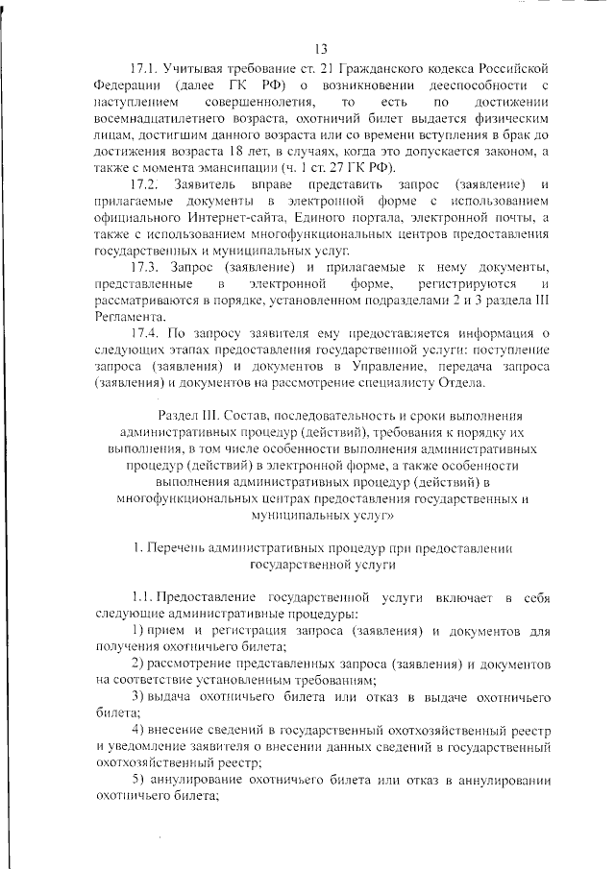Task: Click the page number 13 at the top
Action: click(x=321, y=48)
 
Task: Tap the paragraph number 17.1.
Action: click(x=146, y=69)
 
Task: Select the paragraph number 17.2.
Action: click(x=148, y=183)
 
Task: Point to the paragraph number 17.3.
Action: click(x=147, y=265)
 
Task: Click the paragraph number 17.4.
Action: click(x=147, y=332)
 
